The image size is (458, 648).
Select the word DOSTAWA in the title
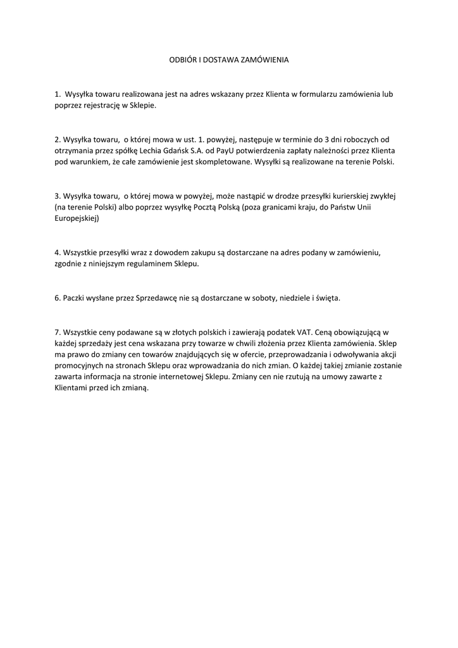[223, 61]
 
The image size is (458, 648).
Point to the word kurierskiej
[343, 196]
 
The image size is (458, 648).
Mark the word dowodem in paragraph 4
[167, 252]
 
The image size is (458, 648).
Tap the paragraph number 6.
[57, 297]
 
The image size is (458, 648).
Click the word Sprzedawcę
[158, 297]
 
